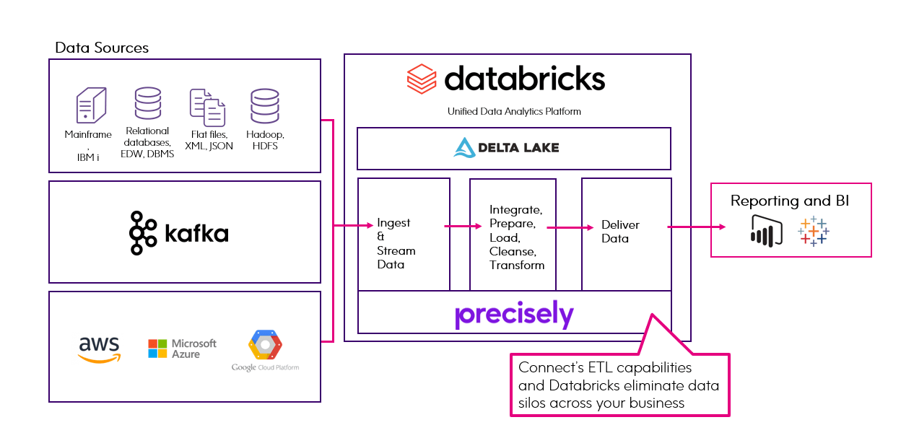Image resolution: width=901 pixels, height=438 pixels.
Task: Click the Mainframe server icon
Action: (x=91, y=105)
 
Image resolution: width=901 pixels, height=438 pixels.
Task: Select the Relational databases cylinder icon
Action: (x=147, y=103)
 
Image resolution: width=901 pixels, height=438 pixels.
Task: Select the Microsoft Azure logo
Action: (x=182, y=349)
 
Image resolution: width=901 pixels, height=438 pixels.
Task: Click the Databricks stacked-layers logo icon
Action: (x=422, y=78)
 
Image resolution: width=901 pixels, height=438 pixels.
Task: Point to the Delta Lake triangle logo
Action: (x=463, y=148)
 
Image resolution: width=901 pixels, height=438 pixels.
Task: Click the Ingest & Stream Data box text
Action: (x=396, y=244)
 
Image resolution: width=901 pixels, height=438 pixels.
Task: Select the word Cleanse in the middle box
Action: (x=513, y=251)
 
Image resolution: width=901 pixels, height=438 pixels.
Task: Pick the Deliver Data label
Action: (x=620, y=232)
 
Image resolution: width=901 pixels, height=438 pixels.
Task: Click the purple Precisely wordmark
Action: (x=514, y=315)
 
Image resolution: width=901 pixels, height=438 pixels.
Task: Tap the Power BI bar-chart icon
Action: (x=766, y=230)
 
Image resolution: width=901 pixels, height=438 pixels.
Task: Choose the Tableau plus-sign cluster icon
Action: (x=814, y=231)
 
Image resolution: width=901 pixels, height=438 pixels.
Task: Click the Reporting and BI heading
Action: (x=790, y=201)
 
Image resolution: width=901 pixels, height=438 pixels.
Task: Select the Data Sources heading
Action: (x=102, y=48)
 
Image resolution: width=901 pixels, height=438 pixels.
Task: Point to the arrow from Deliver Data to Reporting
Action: (x=697, y=227)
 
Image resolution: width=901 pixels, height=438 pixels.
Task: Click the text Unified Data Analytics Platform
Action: (x=514, y=111)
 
